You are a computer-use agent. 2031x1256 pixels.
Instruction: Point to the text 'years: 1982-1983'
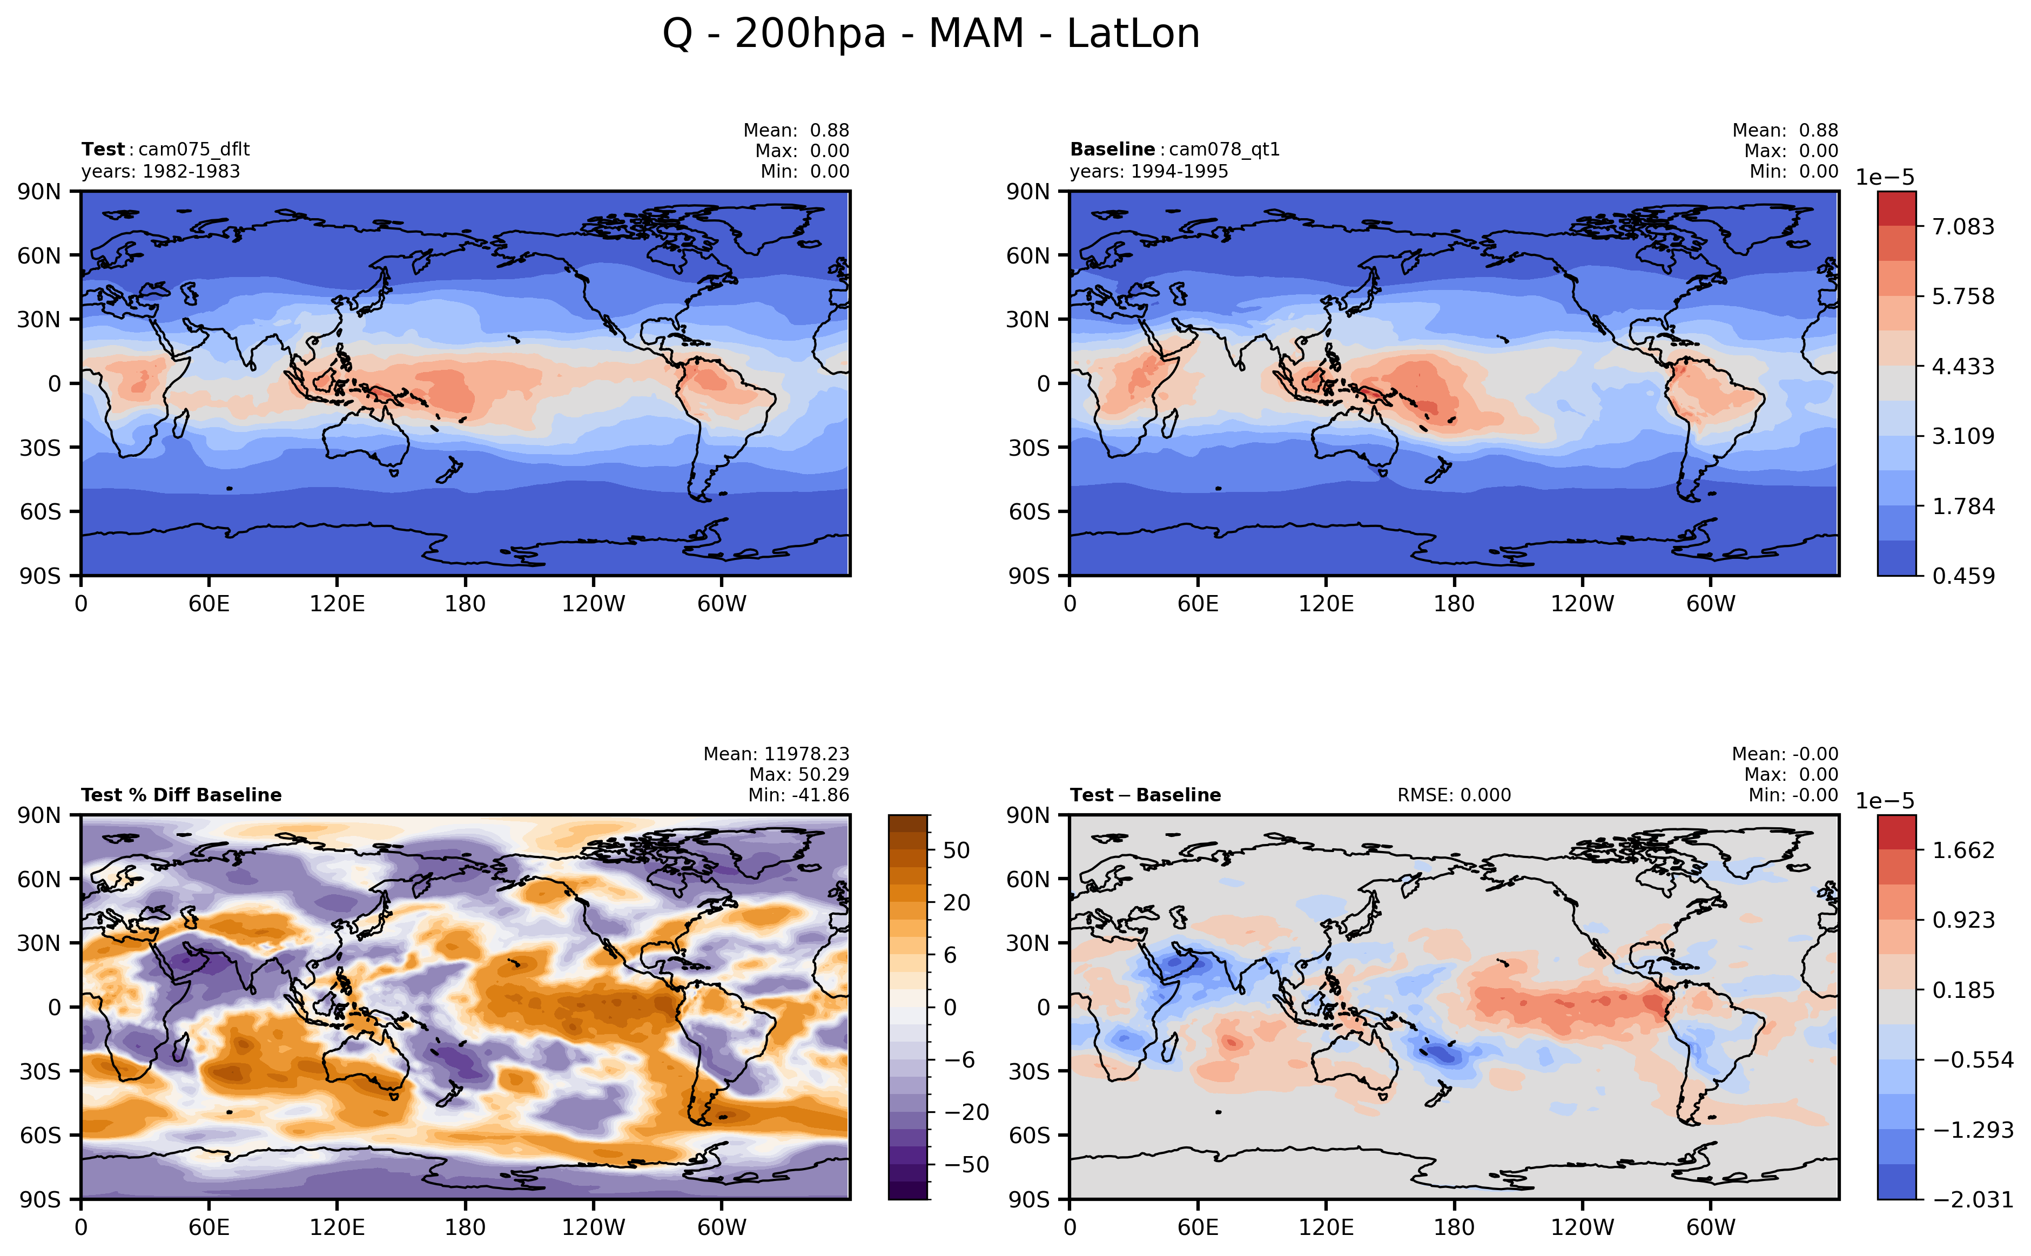point(160,171)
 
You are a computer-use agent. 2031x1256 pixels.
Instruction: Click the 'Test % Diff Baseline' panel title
point(181,795)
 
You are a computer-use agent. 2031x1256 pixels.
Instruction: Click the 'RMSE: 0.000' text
point(1454,795)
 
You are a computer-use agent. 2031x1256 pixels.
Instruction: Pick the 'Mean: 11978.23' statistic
point(776,753)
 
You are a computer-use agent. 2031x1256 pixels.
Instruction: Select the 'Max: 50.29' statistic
point(798,774)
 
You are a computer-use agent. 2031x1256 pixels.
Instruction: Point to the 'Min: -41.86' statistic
point(798,795)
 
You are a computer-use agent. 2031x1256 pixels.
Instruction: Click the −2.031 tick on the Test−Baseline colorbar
point(1973,1199)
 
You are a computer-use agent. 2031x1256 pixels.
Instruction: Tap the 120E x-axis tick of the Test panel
point(337,604)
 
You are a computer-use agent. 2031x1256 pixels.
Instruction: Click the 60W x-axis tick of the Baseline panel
point(1710,604)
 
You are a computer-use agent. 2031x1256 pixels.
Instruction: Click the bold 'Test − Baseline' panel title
point(1145,795)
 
